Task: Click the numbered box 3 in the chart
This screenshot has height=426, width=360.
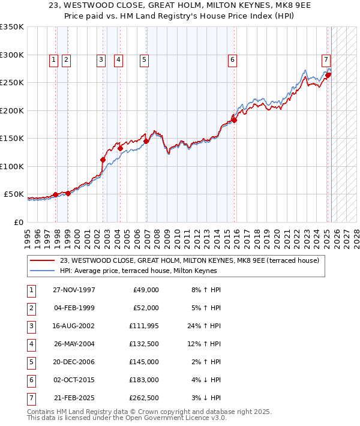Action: coord(101,59)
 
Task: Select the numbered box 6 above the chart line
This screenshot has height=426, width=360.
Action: coord(232,59)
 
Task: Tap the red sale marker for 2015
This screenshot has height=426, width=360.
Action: coord(235,120)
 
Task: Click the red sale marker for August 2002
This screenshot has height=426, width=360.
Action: coord(103,160)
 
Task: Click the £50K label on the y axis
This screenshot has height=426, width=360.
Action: coord(14,194)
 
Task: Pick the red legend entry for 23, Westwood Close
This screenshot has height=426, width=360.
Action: coord(193,260)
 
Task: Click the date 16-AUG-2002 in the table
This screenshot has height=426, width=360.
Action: coord(74,326)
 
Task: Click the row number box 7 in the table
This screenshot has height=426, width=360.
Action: coord(30,398)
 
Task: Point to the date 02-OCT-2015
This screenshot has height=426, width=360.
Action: coord(74,380)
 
